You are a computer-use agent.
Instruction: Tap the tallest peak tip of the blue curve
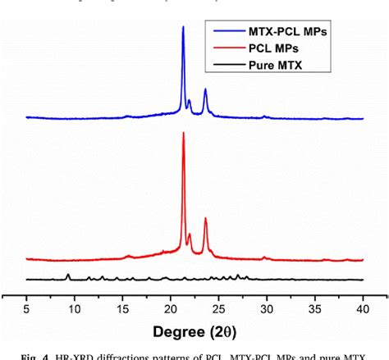(x=183, y=27)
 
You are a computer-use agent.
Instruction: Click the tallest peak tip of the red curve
(x=183, y=133)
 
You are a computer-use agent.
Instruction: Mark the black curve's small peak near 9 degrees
(x=67, y=274)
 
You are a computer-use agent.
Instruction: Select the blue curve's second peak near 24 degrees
(x=205, y=89)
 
